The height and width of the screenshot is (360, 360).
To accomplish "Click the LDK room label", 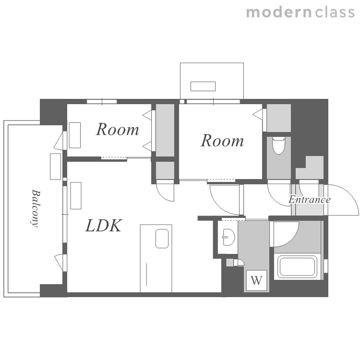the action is (104, 226).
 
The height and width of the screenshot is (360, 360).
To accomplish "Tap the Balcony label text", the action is (35, 208).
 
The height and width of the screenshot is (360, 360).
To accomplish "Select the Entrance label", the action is (310, 199).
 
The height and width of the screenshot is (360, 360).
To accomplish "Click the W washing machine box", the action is (256, 280).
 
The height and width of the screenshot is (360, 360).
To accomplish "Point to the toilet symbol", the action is (278, 145).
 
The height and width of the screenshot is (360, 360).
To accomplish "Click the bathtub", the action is (297, 266).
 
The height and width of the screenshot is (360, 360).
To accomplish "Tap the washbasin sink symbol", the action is (228, 237).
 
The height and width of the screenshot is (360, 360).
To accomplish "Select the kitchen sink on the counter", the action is (162, 239).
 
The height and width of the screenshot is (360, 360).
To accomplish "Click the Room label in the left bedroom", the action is (118, 130).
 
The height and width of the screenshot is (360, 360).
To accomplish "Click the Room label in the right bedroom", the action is (222, 141).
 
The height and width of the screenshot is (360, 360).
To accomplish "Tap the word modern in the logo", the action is (278, 12).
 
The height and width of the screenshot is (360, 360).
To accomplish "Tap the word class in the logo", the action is (335, 12).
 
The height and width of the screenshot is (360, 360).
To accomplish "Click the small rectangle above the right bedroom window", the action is (203, 86).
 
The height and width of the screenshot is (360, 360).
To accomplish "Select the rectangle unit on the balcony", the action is (55, 167).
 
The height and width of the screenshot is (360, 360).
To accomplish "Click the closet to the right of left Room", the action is (165, 130).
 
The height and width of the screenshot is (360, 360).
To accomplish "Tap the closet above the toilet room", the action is (279, 118).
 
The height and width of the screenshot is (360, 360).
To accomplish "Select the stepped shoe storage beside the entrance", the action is (310, 168).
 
